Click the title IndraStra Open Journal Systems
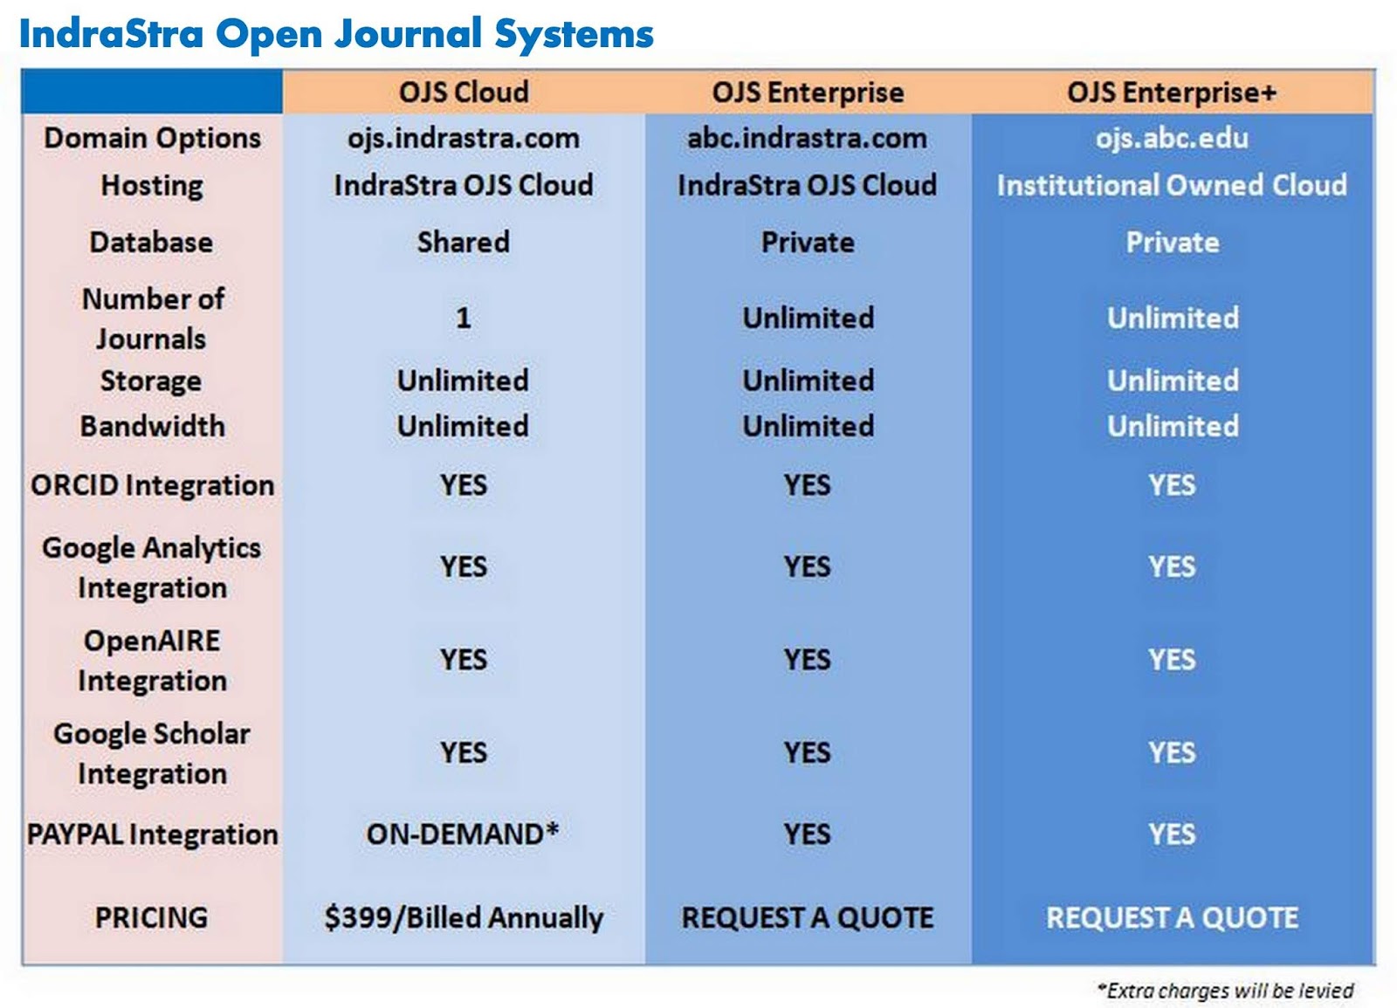pos(336,35)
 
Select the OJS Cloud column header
pos(464,93)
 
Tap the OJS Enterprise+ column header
pos(1172,93)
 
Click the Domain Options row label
pos(152,138)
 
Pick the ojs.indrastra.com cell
pos(464,138)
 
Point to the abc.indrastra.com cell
pos(807,138)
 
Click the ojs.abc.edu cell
pos(1172,138)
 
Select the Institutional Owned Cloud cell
pos(1172,185)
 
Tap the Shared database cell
pos(464,242)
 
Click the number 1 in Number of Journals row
pos(464,318)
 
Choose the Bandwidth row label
pos(152,426)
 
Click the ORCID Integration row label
pos(152,485)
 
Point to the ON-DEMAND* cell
pos(463,834)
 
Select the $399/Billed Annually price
pos(464,918)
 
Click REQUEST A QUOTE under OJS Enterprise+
pos(1172,918)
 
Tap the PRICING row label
pos(152,918)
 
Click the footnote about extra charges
pos(1226,991)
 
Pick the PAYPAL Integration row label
pos(152,834)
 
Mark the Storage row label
pos(151,381)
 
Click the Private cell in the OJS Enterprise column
pos(808,242)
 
